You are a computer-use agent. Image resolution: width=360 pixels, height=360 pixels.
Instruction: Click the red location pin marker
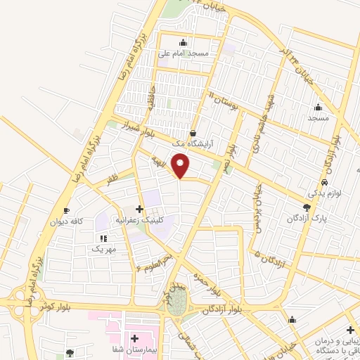tap(181, 166)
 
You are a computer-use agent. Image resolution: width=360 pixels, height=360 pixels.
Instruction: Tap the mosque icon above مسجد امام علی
tap(184, 41)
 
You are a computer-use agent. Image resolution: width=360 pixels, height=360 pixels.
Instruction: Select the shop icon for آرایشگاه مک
tap(193, 133)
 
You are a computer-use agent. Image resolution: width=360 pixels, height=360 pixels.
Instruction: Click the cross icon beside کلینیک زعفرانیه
tap(139, 209)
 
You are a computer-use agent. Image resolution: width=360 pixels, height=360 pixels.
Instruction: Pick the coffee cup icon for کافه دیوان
tap(66, 210)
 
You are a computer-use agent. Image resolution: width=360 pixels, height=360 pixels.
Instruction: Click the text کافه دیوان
tap(66, 221)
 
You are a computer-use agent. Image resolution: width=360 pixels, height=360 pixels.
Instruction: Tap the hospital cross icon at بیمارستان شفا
tap(134, 338)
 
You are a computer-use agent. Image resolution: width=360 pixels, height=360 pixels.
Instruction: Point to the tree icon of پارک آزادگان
tap(306, 207)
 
